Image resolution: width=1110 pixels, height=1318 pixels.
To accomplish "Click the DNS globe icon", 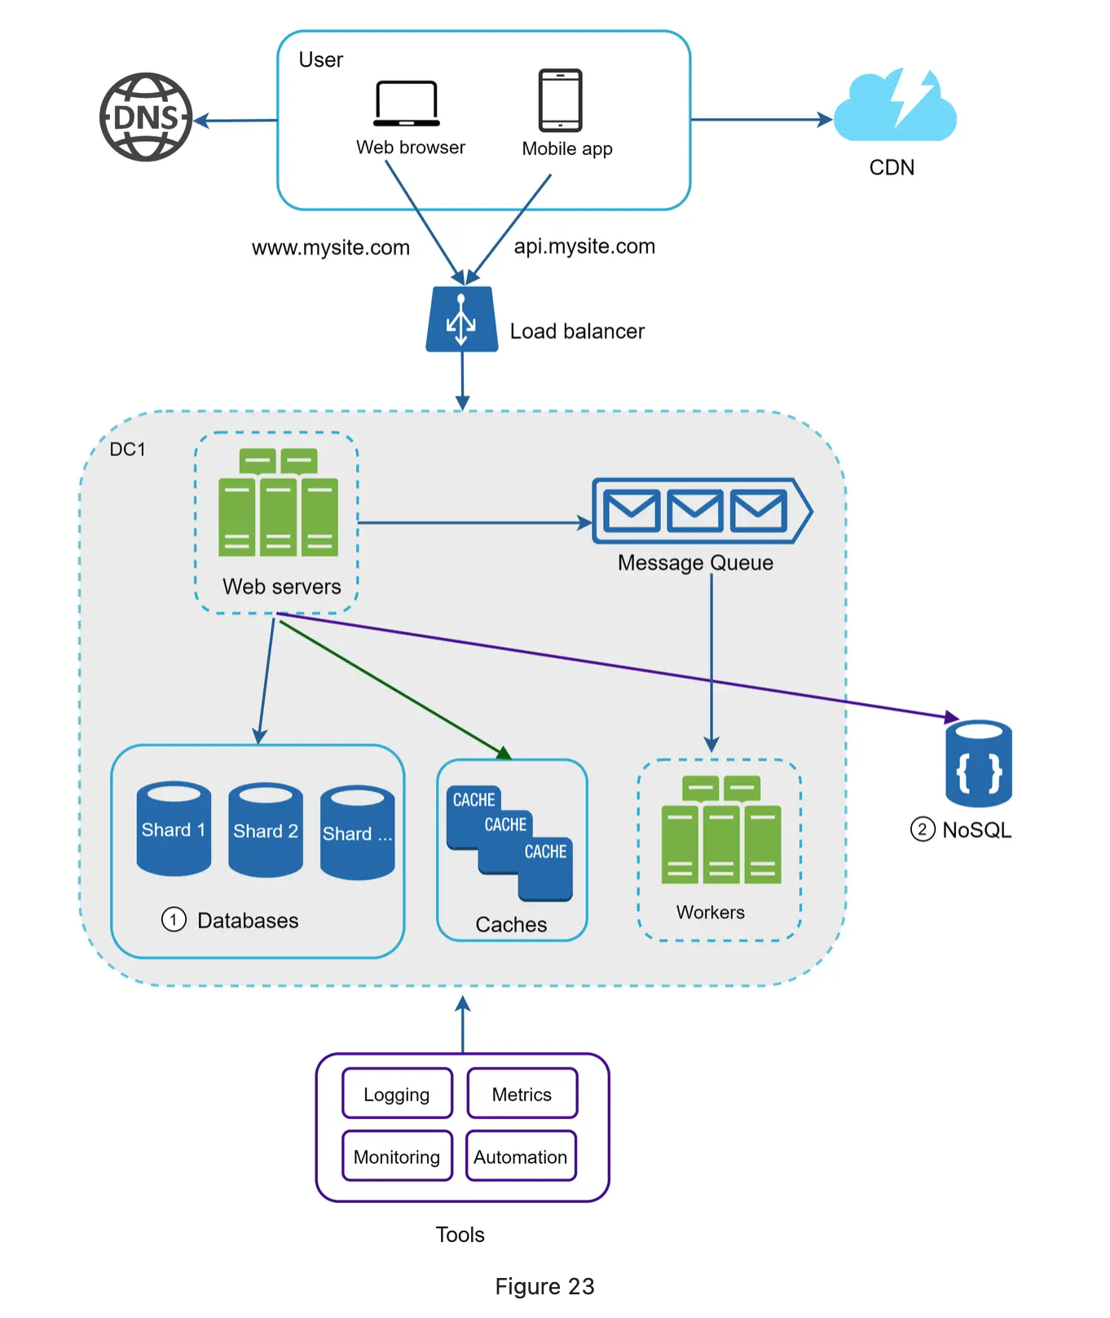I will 146,117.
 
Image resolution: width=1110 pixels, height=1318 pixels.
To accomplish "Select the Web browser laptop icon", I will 407,104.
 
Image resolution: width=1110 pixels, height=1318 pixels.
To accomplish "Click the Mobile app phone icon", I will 561,100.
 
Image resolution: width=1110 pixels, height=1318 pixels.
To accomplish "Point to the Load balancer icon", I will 462,320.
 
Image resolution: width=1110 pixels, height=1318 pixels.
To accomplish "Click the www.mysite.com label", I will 330,248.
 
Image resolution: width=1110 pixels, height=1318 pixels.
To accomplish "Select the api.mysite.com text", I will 584,246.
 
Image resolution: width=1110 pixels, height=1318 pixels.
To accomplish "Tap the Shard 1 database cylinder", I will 174,829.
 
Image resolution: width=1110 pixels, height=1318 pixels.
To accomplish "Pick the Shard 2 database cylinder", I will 266,830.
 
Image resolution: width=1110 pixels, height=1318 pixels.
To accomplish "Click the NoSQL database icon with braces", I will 978,764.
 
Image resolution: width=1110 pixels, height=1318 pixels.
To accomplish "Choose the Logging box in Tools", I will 397,1094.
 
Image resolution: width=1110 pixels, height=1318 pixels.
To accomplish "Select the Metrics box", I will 522,1094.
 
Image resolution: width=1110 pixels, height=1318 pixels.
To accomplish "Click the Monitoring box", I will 397,1157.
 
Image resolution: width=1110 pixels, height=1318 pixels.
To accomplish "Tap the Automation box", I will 521,1157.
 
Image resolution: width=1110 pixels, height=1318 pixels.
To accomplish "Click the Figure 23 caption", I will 544,1286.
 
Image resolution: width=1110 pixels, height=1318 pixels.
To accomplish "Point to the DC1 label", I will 127,449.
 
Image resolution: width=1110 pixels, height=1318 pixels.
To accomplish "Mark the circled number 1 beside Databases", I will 174,920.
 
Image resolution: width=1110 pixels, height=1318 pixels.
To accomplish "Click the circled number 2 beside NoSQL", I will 922,830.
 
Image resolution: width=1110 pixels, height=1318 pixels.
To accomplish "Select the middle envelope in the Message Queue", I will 694,511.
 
